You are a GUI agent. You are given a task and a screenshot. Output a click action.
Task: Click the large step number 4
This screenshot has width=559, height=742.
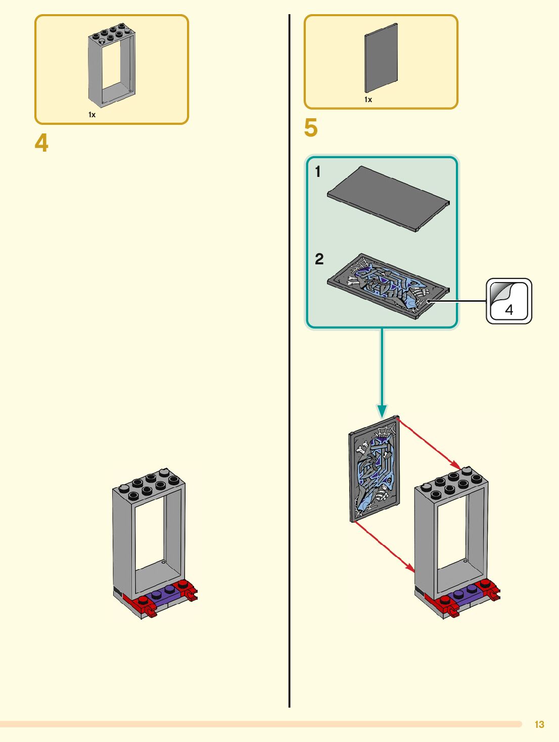pos(41,143)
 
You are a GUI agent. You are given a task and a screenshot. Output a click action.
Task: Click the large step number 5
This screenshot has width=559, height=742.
pos(311,128)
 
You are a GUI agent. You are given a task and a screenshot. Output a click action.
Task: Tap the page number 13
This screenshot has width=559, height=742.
pos(539,724)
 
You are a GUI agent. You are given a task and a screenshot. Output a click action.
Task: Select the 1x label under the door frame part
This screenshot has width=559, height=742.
pos(92,115)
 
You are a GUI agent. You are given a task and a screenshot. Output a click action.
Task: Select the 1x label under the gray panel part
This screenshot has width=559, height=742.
pos(368,100)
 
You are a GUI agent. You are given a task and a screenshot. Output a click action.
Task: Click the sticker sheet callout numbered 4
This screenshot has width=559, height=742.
pos(509,301)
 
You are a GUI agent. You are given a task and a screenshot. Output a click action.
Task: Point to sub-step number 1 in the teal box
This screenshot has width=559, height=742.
pos(318,172)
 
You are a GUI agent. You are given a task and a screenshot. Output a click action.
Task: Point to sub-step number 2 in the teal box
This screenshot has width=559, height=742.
pos(319,259)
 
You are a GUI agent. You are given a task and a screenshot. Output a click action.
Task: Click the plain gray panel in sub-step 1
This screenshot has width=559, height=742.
pos(388,198)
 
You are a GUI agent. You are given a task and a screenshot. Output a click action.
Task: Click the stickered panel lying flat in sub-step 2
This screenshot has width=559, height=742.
pos(388,286)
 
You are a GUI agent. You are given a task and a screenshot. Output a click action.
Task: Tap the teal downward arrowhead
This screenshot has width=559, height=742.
pos(382,411)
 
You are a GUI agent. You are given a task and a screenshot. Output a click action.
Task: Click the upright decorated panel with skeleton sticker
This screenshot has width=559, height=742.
pos(375,469)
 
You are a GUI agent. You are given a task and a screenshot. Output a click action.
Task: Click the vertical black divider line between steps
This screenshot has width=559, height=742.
pos(289,354)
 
